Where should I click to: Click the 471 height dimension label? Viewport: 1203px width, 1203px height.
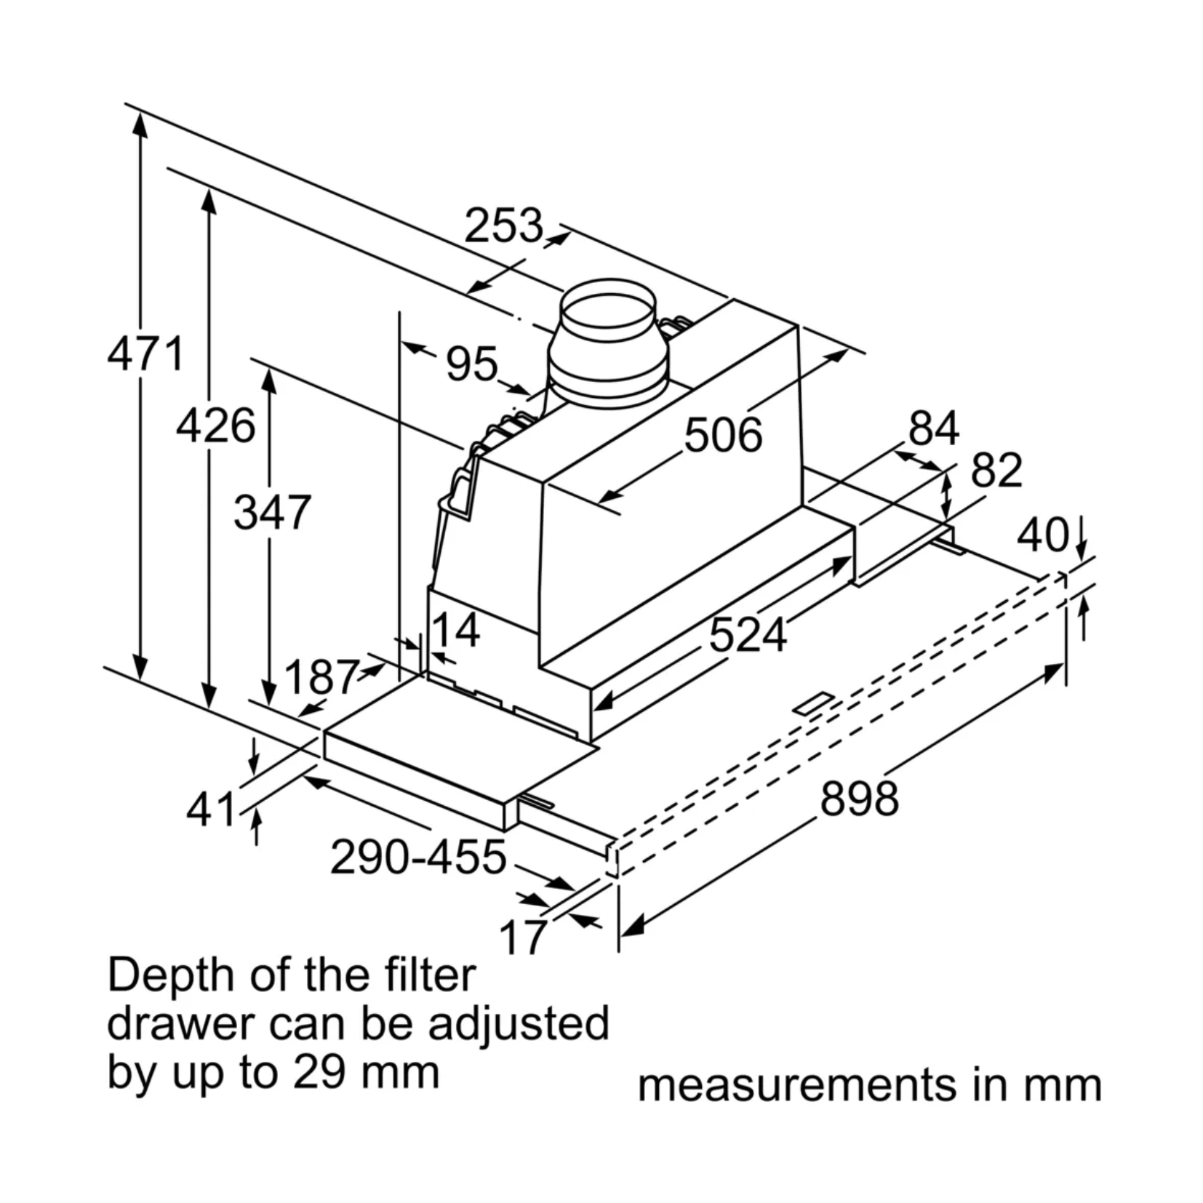(145, 354)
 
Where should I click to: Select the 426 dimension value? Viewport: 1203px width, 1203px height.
(215, 425)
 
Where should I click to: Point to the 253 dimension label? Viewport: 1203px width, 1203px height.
(503, 225)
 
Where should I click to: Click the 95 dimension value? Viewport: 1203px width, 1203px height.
(472, 363)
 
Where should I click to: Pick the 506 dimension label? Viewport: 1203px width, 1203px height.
(723, 435)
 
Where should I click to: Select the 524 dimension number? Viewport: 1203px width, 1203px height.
(748, 634)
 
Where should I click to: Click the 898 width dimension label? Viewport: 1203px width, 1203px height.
(859, 798)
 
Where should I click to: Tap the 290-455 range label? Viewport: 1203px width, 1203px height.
(418, 857)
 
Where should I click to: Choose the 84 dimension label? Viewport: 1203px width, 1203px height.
(933, 428)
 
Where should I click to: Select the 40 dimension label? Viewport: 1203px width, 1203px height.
(1043, 535)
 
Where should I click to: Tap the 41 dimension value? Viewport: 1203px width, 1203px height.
(211, 809)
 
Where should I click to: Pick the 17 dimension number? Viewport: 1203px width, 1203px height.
(523, 937)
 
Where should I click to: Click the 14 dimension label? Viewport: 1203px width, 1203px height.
(456, 630)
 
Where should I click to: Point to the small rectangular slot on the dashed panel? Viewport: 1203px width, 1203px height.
(812, 703)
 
